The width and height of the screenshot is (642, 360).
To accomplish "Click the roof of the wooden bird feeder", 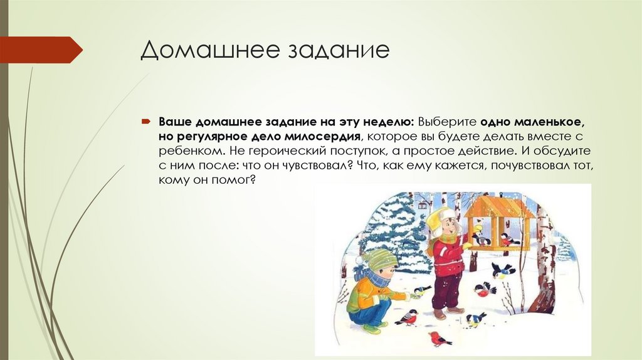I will [498, 206].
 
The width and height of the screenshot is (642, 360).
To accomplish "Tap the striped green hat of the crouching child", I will [377, 260].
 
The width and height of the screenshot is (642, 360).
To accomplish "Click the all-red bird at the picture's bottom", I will [439, 339].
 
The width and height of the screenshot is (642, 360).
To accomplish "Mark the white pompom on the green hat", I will [360, 260].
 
